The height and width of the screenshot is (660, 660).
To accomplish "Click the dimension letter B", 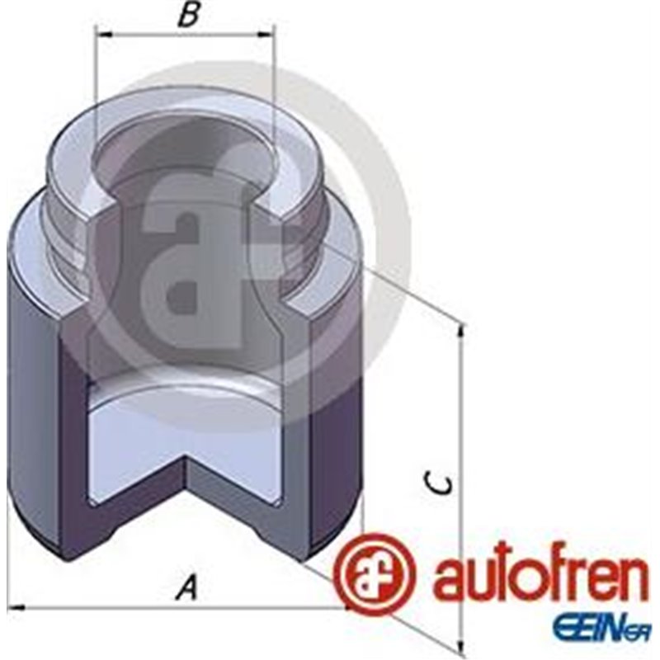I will click(x=189, y=16).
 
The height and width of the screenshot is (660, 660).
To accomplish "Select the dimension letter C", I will click(x=442, y=483).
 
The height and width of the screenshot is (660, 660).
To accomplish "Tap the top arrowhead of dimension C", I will click(x=460, y=329).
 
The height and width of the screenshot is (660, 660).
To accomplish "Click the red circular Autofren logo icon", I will click(x=375, y=574).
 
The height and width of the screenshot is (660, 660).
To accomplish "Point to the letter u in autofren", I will click(x=470, y=581).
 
